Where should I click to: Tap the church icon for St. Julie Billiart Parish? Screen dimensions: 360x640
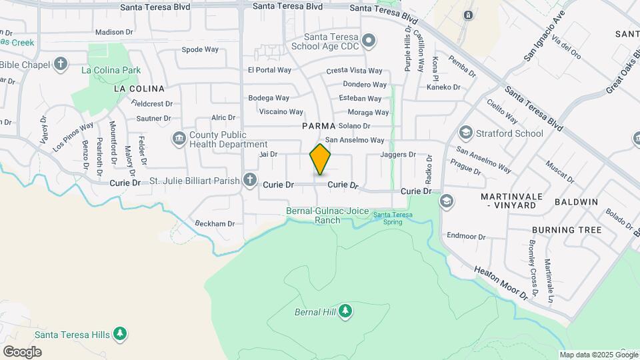(250, 179)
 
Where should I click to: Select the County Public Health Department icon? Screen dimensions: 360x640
(179, 139)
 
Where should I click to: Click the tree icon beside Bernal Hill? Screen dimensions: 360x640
(345, 311)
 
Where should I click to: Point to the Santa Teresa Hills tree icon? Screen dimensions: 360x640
(119, 333)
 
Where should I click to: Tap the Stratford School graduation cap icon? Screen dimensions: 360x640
(465, 133)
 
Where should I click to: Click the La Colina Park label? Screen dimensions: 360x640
(111, 70)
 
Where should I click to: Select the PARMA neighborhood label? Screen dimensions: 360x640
(317, 125)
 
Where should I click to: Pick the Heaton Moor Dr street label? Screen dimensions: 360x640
(505, 282)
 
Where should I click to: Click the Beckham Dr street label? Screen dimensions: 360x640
(215, 224)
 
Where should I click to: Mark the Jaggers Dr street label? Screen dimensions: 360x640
(397, 155)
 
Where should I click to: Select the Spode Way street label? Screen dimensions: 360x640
(200, 49)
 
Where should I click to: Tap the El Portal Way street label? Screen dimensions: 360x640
(269, 70)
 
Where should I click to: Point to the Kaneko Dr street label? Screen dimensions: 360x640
(443, 87)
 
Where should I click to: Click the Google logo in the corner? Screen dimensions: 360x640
(22, 351)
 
